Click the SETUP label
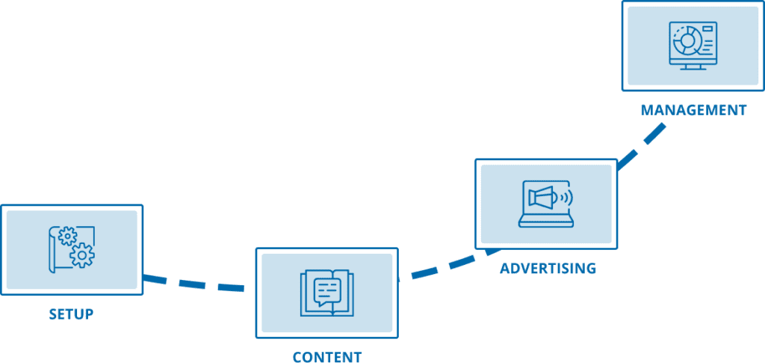coord(71,314)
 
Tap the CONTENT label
coord(327,356)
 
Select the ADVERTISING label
coord(548,268)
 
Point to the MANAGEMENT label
coord(693,110)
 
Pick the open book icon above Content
coord(327,292)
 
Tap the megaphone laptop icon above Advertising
coord(547,203)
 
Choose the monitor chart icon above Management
coord(693,46)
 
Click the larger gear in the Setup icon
coord(81,256)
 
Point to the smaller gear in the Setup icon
coord(67,237)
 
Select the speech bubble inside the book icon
coord(327,290)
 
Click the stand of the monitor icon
coord(693,66)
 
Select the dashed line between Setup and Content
coord(196,284)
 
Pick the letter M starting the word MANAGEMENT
coord(647,110)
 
